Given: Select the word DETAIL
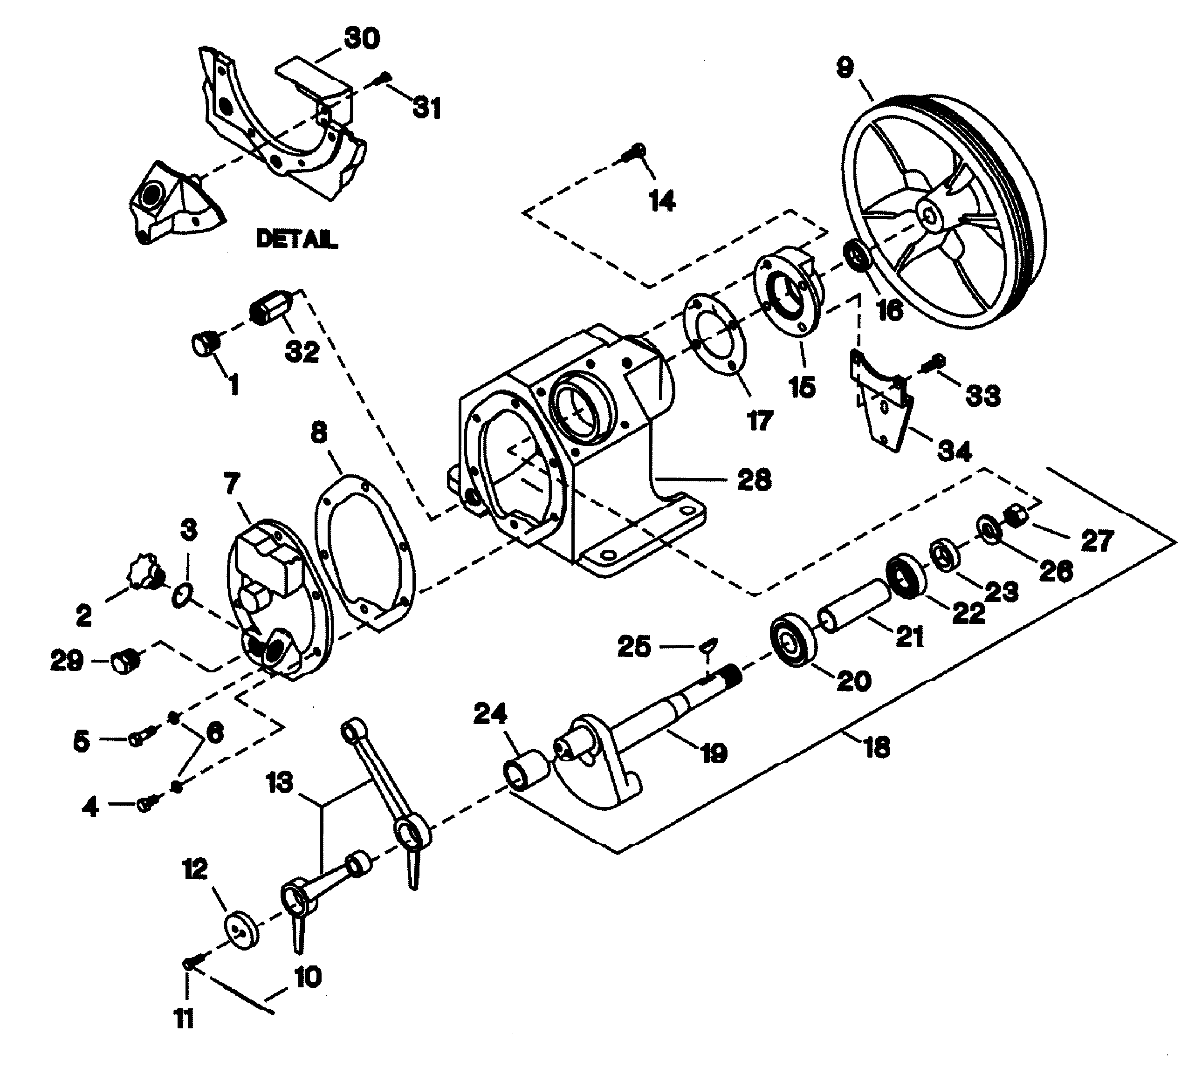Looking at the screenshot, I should point(296,239).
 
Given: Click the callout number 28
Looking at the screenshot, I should point(754,479).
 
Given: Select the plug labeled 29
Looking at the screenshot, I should point(124,661).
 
